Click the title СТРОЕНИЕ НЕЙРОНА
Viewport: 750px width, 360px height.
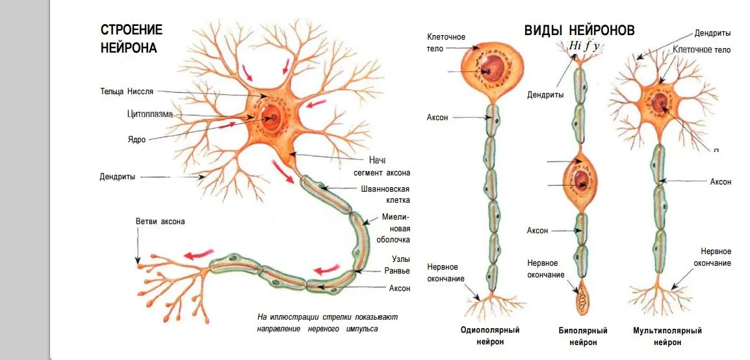(x=131, y=38)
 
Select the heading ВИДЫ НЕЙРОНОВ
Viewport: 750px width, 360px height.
(x=579, y=30)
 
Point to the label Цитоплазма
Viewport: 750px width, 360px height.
(x=149, y=114)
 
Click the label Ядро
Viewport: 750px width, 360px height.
(x=136, y=139)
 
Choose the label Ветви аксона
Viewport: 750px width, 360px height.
(x=160, y=221)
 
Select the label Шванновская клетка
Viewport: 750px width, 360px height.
(x=385, y=195)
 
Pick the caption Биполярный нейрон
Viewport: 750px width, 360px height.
(x=583, y=336)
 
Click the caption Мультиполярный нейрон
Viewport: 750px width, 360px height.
(x=667, y=336)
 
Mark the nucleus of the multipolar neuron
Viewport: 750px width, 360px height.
(x=660, y=103)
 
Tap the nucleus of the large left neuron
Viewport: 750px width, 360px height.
(x=272, y=118)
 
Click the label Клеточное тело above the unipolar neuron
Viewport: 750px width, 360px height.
(x=446, y=42)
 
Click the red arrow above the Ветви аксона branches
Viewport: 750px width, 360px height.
(x=198, y=254)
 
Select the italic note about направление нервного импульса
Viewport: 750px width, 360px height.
(x=327, y=323)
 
